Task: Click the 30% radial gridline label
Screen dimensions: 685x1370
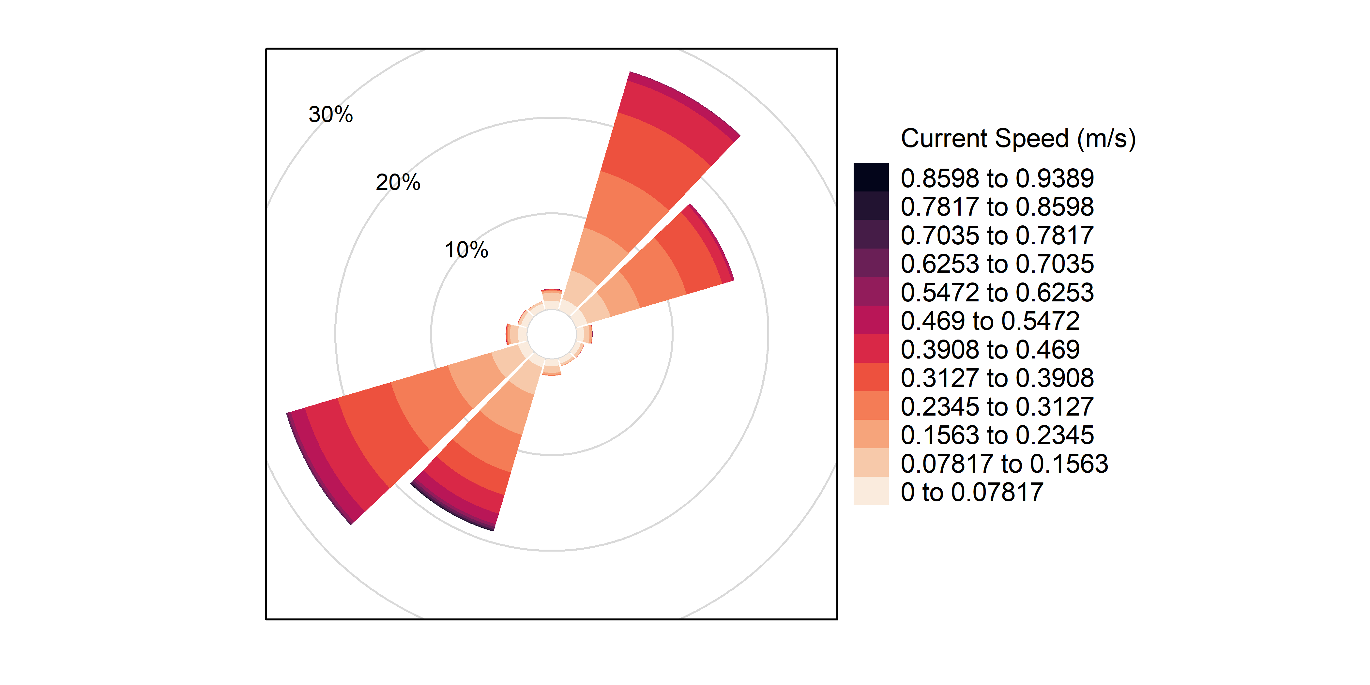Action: [x=330, y=114]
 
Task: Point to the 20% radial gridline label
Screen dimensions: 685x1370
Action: [x=398, y=182]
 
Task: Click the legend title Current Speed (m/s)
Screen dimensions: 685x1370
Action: [x=1018, y=139]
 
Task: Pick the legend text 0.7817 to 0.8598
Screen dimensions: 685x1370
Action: [x=997, y=207]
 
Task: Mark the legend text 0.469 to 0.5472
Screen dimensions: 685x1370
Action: [x=990, y=321]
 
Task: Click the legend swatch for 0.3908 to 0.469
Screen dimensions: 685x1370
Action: [x=871, y=349]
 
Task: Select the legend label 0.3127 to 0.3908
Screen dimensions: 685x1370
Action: [x=997, y=378]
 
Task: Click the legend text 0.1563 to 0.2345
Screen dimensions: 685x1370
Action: [x=997, y=435]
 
